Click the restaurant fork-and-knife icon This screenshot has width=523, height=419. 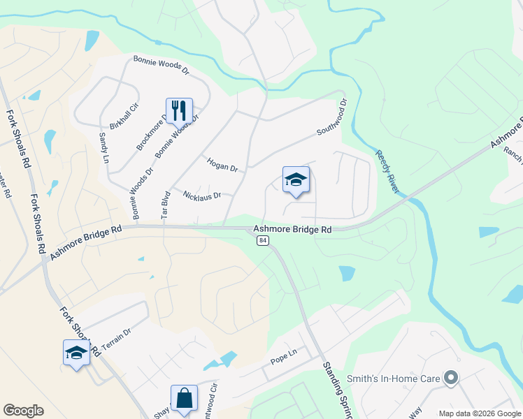pos(178,110)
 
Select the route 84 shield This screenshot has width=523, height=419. pos(262,240)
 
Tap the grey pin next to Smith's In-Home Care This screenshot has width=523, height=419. pos(450,379)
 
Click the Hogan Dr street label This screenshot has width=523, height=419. pos(223,165)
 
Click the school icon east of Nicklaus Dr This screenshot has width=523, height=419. pos(295,180)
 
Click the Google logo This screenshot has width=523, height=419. pos(23,411)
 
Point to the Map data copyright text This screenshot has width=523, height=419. pos(479,413)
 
